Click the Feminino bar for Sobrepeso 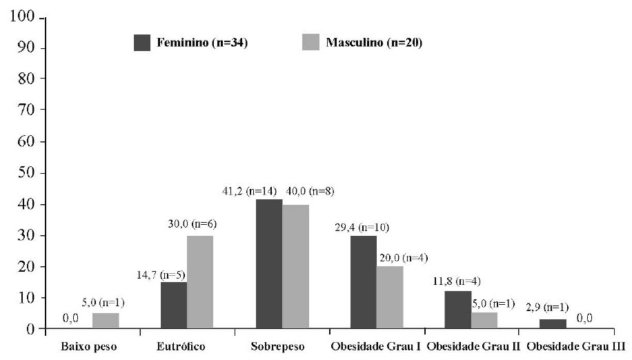pos(268,263)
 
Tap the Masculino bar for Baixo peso pos(105,321)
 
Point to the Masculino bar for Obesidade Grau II pos(484,321)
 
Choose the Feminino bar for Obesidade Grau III pos(553,323)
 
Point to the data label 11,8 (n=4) pos(460,281)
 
